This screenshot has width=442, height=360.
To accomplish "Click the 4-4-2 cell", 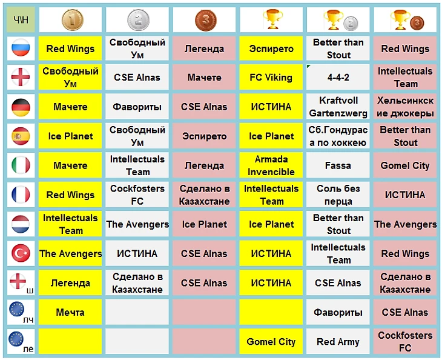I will (338, 78).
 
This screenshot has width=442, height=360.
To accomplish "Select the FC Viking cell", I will (271, 78).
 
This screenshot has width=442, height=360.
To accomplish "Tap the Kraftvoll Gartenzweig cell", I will (338, 107).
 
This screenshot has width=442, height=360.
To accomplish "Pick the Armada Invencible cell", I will (271, 165).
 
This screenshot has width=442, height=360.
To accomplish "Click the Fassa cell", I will (338, 165).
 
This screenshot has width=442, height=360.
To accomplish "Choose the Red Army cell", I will (338, 342).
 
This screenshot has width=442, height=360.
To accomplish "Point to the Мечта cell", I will (70, 313).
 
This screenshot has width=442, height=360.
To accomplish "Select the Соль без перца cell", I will (338, 195).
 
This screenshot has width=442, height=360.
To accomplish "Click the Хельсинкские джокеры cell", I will (405, 107).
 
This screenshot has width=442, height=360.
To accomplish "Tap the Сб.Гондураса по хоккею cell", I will (338, 136).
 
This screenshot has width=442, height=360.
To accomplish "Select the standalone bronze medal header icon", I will (205, 20).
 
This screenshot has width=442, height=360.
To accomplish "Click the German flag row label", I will (21, 107).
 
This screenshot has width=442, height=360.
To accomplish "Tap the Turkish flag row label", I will (21, 253).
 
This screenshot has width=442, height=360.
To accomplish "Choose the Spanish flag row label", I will (21, 136).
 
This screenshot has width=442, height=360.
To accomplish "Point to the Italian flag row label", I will (21, 165).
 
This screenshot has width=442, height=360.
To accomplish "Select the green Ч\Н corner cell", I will (21, 20).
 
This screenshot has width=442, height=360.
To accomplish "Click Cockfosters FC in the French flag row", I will (137, 195).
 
